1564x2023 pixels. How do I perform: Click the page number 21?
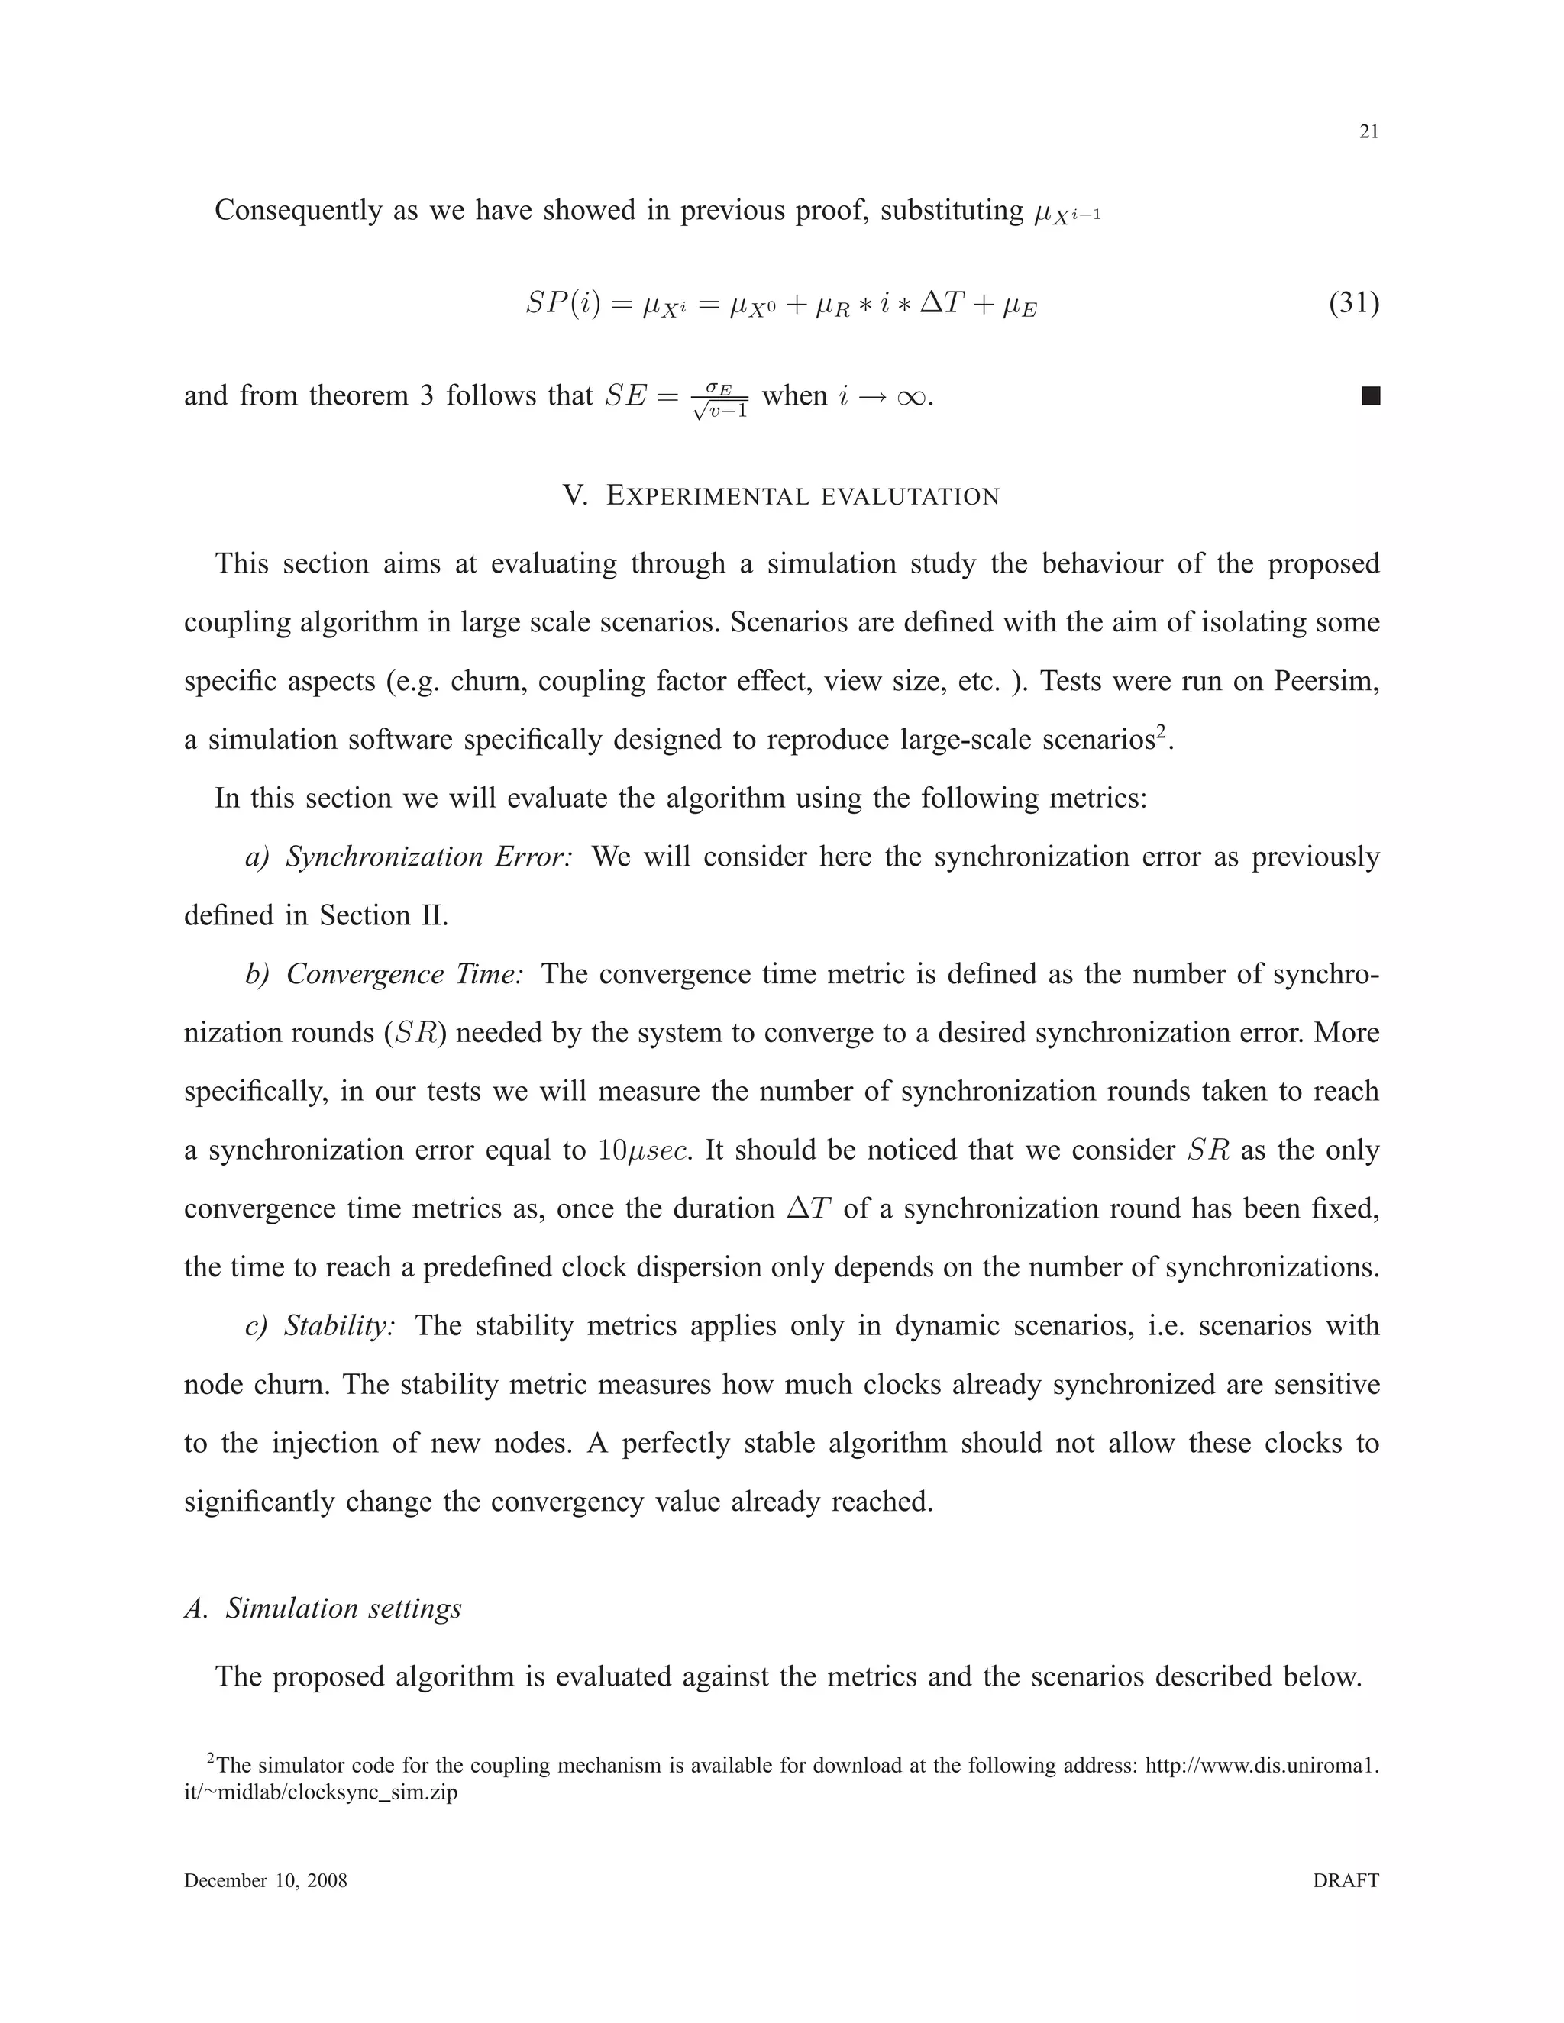[1368, 133]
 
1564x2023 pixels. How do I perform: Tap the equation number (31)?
[1354, 303]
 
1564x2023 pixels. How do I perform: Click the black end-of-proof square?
[1370, 396]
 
